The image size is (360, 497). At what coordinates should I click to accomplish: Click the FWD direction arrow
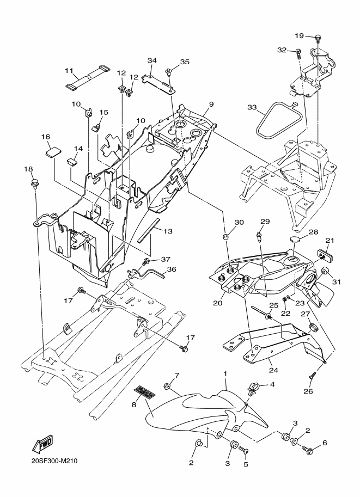click(x=42, y=444)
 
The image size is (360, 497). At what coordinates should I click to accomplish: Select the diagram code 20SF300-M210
click(x=54, y=461)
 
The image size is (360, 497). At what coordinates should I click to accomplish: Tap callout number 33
click(x=252, y=107)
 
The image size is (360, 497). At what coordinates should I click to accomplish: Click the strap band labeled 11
click(x=88, y=77)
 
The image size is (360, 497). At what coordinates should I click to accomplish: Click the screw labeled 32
click(x=298, y=53)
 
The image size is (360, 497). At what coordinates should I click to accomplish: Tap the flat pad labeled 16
click(x=53, y=151)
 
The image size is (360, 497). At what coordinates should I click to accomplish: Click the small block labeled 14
click(x=72, y=162)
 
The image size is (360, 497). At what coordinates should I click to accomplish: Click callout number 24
click(x=273, y=370)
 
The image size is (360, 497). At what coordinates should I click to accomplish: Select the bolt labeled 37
click(x=147, y=262)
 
